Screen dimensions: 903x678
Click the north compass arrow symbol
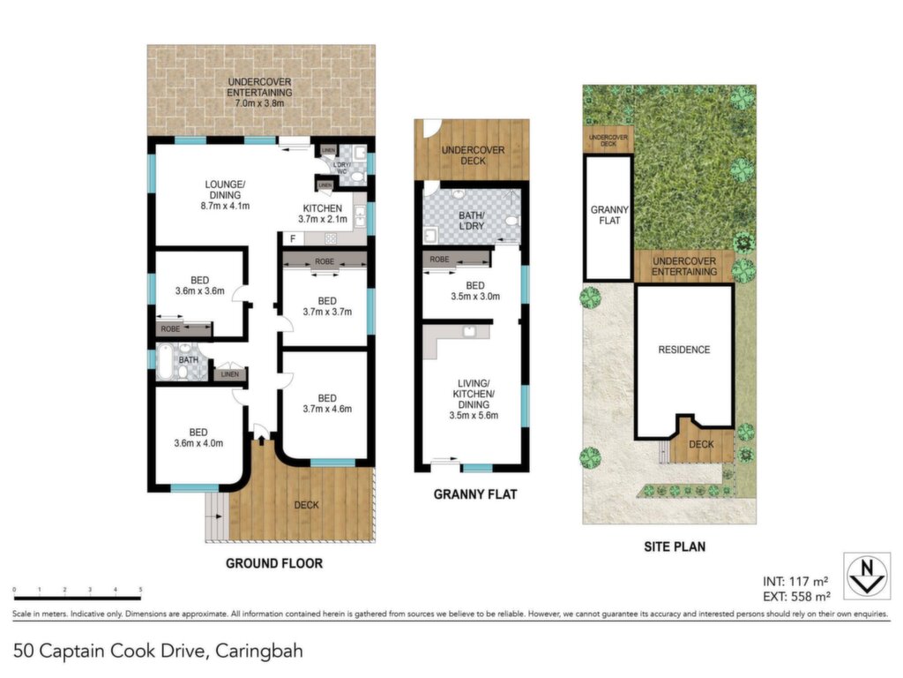pos(867,576)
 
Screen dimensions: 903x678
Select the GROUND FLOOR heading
pos(274,563)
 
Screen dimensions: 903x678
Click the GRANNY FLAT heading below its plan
pos(475,494)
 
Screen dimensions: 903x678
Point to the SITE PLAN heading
pos(675,546)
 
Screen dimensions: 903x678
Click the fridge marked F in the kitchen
pos(293,238)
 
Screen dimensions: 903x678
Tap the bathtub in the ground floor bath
pos(165,361)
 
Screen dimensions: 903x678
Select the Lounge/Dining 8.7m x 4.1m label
pos(225,195)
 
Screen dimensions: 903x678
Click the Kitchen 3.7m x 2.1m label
pos(323,214)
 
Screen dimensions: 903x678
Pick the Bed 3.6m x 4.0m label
pos(198,438)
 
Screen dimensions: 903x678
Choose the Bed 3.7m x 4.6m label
pos(327,403)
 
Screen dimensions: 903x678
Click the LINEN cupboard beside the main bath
pos(230,373)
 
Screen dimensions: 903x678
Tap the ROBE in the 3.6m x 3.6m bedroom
pos(183,329)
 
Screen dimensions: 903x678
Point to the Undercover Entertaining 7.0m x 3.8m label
pos(259,92)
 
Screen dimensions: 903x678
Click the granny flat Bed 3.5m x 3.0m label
pos(475,291)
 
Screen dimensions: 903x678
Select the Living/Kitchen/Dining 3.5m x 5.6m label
pos(474,399)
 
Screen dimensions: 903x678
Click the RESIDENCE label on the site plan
pos(684,350)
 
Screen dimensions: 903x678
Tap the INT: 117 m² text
pos(795,582)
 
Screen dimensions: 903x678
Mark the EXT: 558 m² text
pos(796,597)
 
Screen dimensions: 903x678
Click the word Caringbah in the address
pos(258,652)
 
